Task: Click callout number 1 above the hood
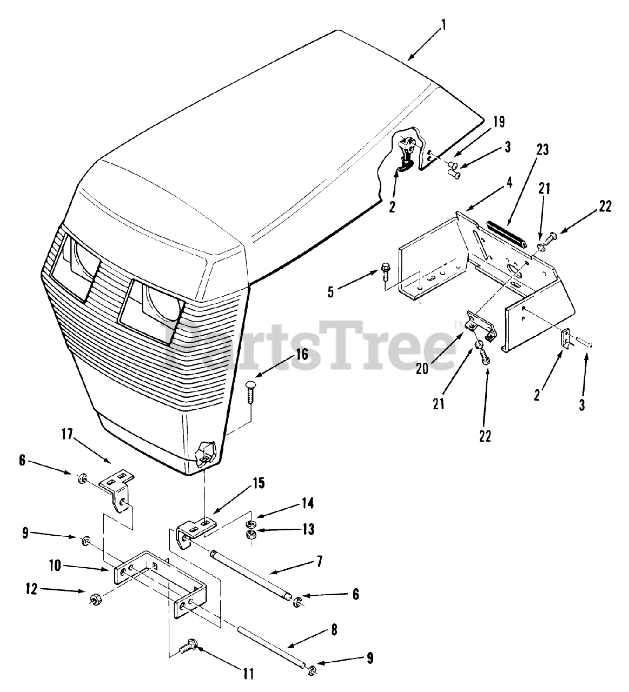[x=443, y=25]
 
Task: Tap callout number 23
[x=542, y=150]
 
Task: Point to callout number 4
[x=509, y=183]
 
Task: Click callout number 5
[x=331, y=292]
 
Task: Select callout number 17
[x=67, y=435]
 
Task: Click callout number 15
[x=258, y=483]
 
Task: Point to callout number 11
[x=248, y=674]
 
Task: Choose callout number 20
[x=422, y=369]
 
